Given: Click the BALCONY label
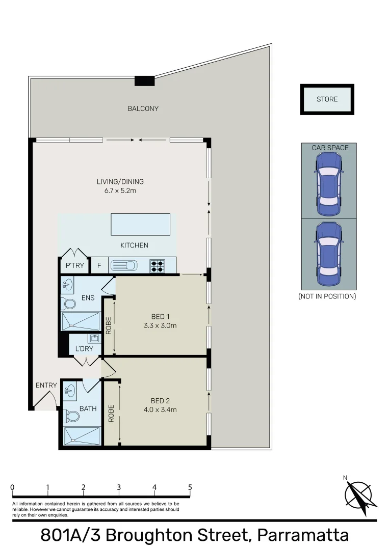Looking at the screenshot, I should [143, 108].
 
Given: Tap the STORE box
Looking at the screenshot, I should [327, 99].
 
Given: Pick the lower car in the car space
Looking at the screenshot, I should [329, 254].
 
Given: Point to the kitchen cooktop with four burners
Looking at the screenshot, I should [157, 265].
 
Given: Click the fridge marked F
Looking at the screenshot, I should [99, 265].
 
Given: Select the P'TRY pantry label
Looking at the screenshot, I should [75, 265].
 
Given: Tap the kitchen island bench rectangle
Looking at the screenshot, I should [140, 224].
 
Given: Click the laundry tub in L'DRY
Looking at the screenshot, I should [94, 338].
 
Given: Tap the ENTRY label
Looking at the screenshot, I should [46, 385].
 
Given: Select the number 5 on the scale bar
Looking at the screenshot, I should [190, 487].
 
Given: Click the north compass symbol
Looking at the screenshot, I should [361, 493].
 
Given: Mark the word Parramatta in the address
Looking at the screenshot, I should [303, 536].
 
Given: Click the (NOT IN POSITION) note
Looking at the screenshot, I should [327, 296].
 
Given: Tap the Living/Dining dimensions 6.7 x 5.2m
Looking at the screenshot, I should [120, 190].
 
